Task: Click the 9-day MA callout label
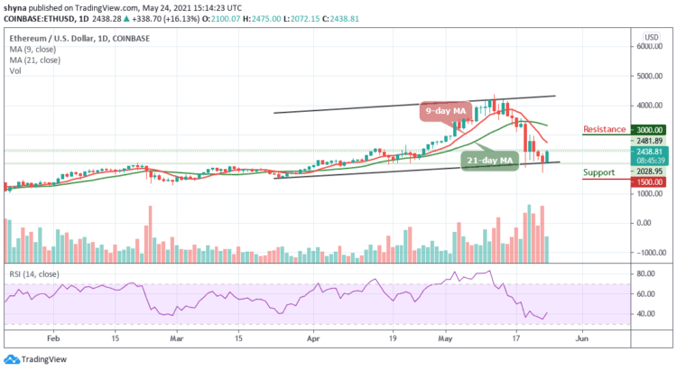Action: [x=448, y=111]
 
